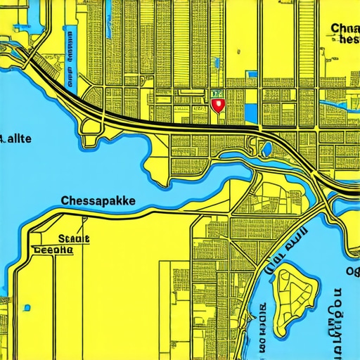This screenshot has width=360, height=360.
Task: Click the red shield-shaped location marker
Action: click(217, 105)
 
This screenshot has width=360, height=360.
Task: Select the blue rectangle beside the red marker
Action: click(251, 111)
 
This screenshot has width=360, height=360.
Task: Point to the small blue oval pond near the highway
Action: click(267, 149)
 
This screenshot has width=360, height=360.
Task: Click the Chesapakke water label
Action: click(98, 200)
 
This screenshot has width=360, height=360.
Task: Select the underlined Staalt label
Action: click(74, 239)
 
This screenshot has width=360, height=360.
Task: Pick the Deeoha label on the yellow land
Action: click(53, 249)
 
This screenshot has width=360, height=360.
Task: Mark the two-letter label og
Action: click(351, 271)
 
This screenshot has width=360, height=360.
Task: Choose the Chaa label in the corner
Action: click(344, 29)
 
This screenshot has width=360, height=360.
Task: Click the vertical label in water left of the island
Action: click(262, 327)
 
